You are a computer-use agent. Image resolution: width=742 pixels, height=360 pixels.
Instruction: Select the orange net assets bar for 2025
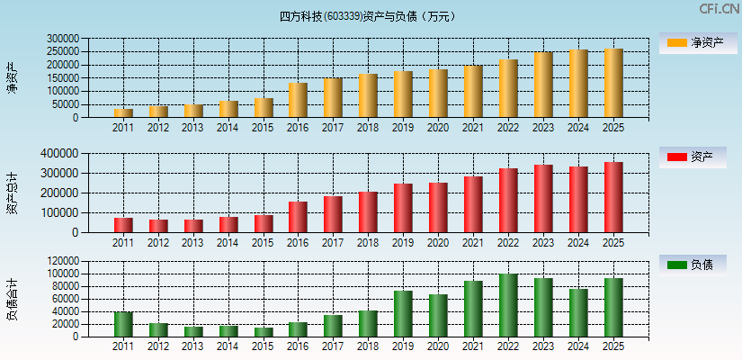pyautogui.click(x=613, y=83)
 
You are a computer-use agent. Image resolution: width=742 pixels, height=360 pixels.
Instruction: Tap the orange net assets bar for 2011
pyautogui.click(x=123, y=112)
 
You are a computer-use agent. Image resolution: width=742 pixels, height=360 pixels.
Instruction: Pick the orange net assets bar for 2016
pyautogui.click(x=298, y=100)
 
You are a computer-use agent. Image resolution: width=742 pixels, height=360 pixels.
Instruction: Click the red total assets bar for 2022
pyautogui.click(x=508, y=200)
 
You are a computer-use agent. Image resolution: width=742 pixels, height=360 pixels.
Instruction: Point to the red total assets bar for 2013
pyautogui.click(x=193, y=226)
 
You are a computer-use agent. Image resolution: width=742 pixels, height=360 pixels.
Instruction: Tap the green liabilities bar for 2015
pyautogui.click(x=264, y=331)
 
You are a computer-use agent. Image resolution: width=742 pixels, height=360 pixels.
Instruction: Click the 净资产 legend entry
pyautogui.click(x=698, y=42)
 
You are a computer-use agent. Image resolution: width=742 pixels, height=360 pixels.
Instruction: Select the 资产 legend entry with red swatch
pyautogui.click(x=698, y=157)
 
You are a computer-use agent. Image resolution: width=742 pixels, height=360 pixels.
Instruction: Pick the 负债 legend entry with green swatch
pyautogui.click(x=698, y=265)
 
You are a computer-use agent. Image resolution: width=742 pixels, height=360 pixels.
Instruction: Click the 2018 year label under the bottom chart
pyautogui.click(x=368, y=346)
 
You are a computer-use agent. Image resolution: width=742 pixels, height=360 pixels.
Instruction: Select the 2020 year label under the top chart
pyautogui.click(x=438, y=128)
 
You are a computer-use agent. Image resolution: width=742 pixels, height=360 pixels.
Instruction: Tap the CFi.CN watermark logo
pyautogui.click(x=719, y=9)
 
